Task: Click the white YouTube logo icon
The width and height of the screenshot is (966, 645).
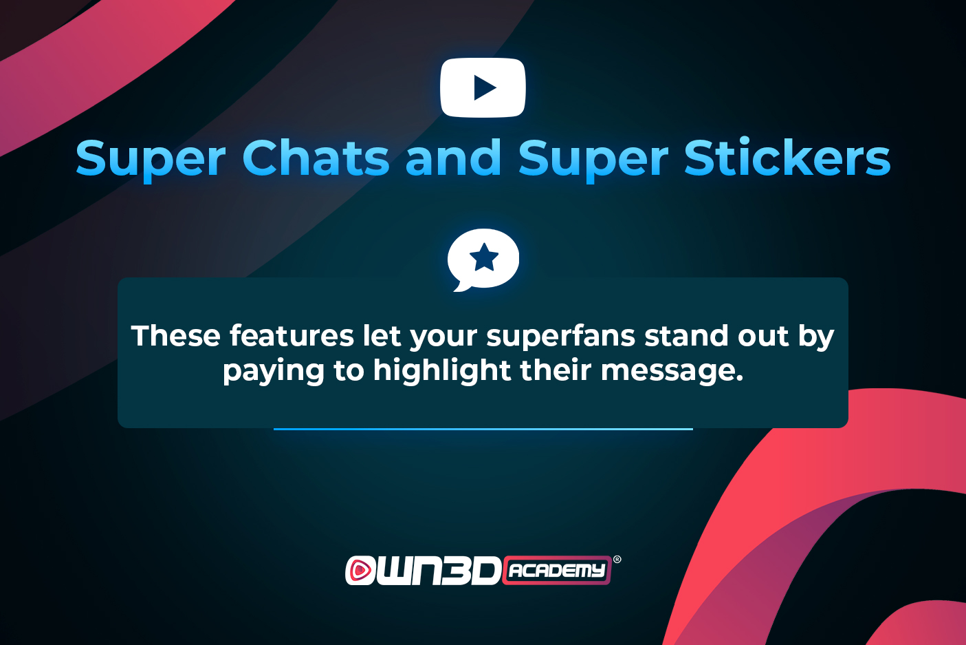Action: coord(483,87)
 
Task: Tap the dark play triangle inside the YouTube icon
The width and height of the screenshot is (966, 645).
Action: coord(484,87)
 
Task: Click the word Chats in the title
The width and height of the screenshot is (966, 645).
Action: coord(316,158)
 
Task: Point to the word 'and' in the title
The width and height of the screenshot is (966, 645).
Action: coord(453,158)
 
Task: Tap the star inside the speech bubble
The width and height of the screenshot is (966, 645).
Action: coord(484,257)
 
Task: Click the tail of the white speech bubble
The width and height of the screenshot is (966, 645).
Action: coord(461,286)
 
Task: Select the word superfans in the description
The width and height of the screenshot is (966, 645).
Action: coord(560,337)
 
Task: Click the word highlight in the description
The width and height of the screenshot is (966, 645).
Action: coord(442,370)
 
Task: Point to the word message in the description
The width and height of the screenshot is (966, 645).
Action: coord(672,371)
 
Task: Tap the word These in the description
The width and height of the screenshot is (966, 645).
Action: coord(176,336)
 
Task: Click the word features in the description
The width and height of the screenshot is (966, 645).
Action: coord(292,336)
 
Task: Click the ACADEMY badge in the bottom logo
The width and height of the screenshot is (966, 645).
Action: coord(557,570)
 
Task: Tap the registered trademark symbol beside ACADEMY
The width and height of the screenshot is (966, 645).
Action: coord(617,560)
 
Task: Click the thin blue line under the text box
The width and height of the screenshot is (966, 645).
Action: coord(483,429)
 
